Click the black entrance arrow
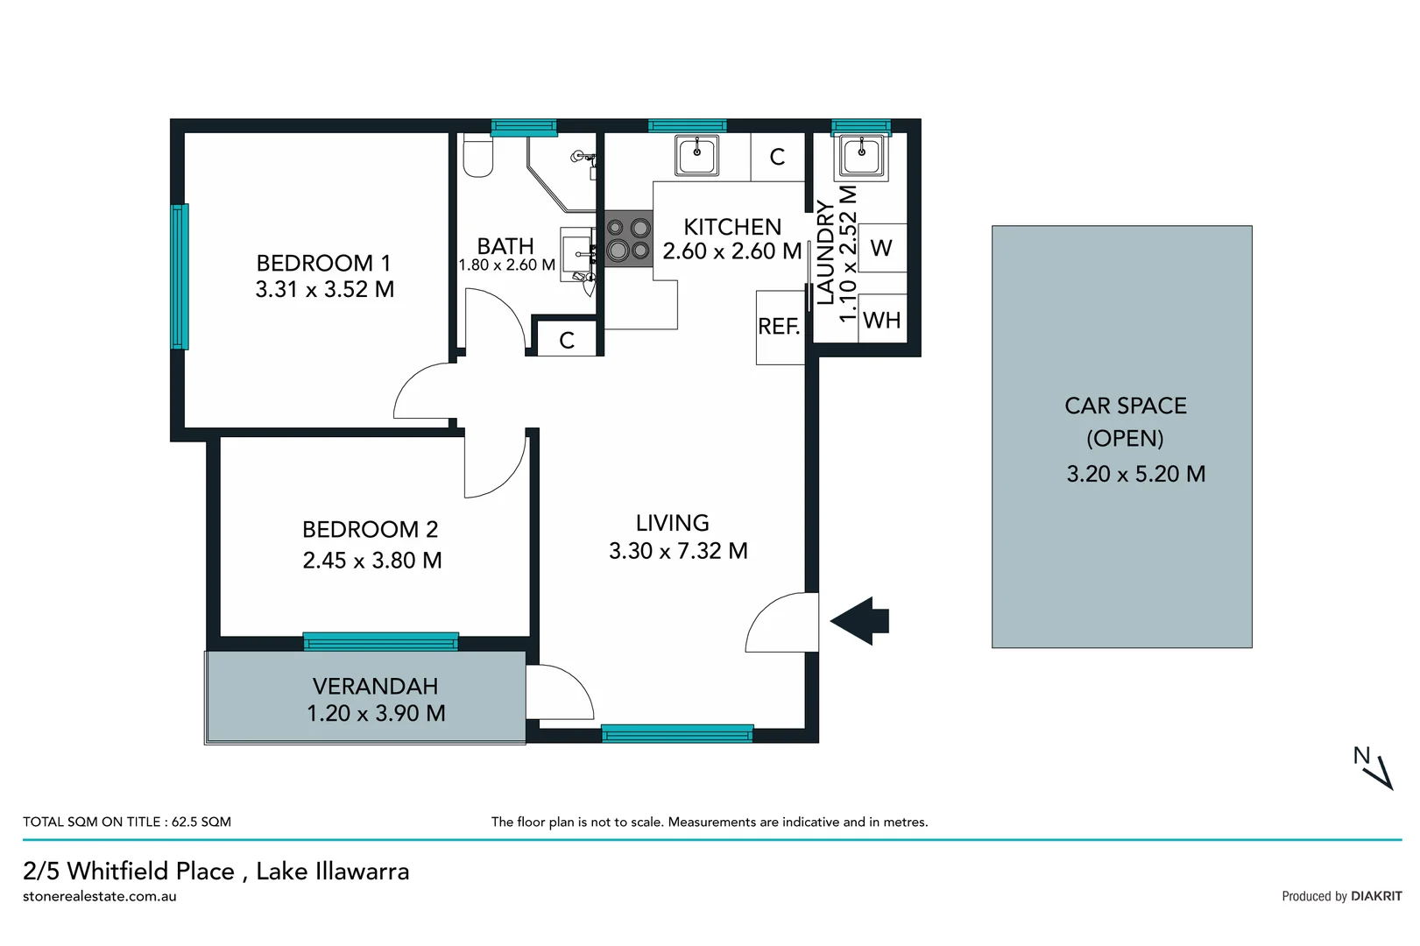pos(860,621)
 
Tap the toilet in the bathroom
pos(477,157)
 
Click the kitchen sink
pos(697,156)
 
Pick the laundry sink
pos(861,157)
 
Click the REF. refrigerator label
pos(779,327)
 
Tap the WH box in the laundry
pos(881,321)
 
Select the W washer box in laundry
pos(881,249)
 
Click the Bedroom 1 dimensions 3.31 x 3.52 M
pos(324,289)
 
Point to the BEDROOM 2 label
pos(370,529)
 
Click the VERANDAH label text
pos(375,686)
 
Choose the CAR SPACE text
pos(1125,406)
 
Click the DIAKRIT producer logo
pos(1375,896)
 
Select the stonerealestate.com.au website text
pos(100,896)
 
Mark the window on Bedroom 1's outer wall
pos(180,276)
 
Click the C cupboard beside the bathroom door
pos(567,340)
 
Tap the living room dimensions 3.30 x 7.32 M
pos(678,551)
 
